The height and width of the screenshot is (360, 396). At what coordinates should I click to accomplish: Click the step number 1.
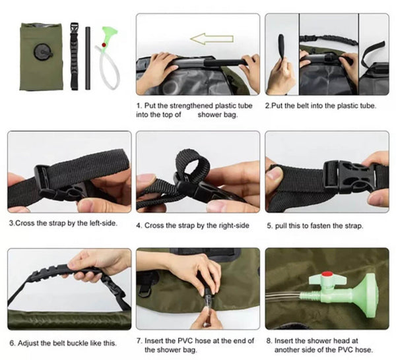coord(139,105)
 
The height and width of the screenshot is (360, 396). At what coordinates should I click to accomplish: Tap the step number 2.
coord(267,105)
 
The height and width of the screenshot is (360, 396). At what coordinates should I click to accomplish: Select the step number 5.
coord(269,225)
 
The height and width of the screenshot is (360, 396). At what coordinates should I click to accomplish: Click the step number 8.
coord(269,342)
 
